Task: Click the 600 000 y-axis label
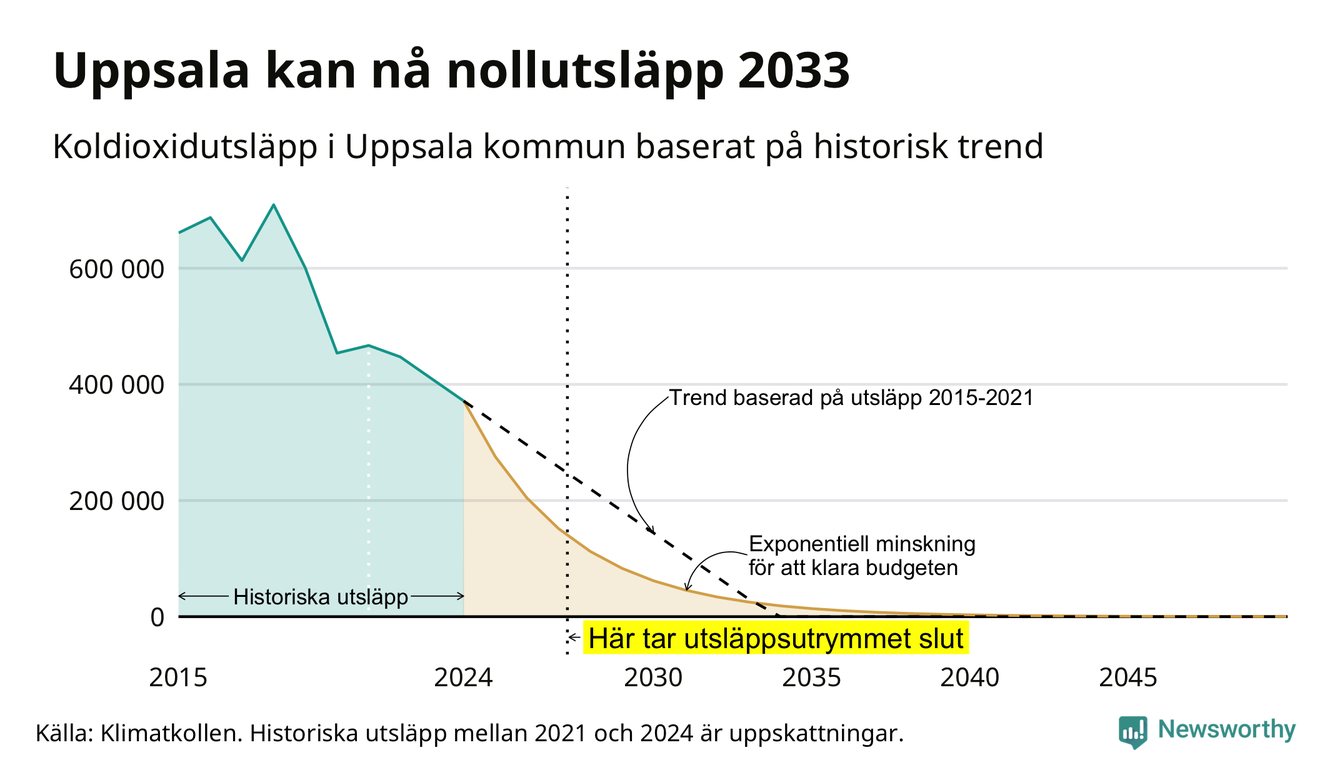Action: click(116, 269)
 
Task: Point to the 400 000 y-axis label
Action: click(116, 385)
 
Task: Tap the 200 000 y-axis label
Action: click(116, 501)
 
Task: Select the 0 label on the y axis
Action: click(157, 617)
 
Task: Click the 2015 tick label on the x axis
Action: click(178, 678)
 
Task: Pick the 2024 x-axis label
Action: click(464, 678)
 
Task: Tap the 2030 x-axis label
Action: click(653, 678)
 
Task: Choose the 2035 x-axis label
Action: click(812, 678)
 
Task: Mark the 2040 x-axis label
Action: click(970, 678)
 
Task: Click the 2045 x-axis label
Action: click(1128, 678)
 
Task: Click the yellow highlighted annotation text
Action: click(776, 638)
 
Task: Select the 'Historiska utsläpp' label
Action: click(321, 597)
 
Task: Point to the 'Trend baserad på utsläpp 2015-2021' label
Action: click(851, 398)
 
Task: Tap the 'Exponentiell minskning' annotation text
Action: click(862, 544)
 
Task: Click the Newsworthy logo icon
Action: click(1133, 732)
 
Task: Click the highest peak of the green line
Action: click(273, 205)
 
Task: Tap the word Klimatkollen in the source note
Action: click(171, 733)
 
